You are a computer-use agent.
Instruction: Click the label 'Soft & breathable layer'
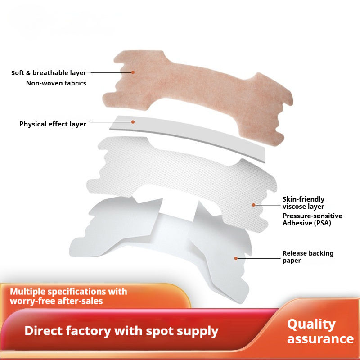pos(49,72)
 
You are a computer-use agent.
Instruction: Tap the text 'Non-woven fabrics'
pos(56,83)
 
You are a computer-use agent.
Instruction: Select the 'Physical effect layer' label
pos(53,124)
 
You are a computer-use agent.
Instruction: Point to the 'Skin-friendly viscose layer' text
pos(303,202)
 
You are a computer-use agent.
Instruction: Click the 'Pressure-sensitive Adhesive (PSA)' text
pos(312,219)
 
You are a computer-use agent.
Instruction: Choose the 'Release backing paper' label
pos(308,256)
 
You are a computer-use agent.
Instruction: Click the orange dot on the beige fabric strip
pos(133,72)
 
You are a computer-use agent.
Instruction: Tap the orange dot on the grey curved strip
pos(133,121)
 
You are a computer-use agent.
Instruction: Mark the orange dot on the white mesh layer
pos(254,205)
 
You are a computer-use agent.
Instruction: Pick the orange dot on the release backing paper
pos(235,258)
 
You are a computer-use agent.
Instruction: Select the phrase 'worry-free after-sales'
pos(56,301)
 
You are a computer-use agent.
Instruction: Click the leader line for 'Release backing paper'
pos(259,258)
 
